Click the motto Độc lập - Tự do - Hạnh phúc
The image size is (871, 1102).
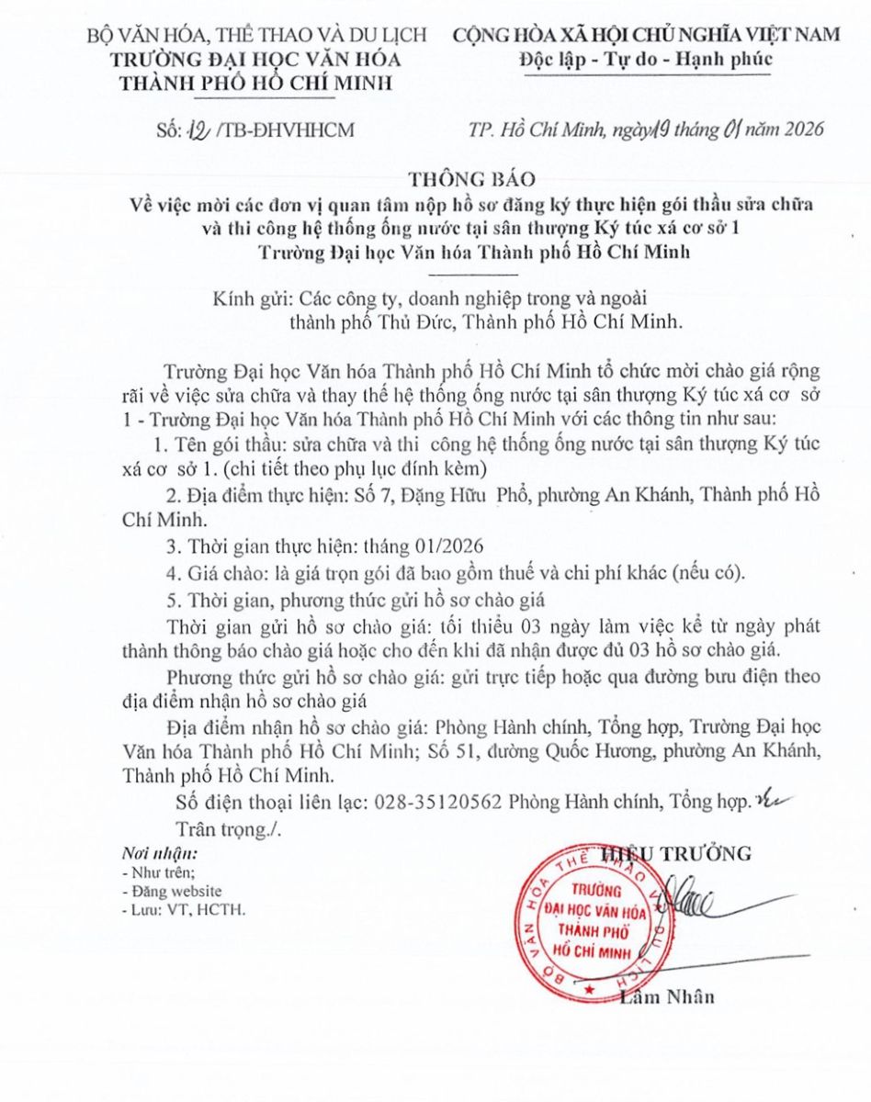[x=646, y=59]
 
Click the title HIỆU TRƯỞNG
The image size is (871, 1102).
[x=676, y=854]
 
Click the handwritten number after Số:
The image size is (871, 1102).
[x=198, y=129]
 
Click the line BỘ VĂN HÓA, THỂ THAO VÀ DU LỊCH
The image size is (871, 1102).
[x=256, y=35]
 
